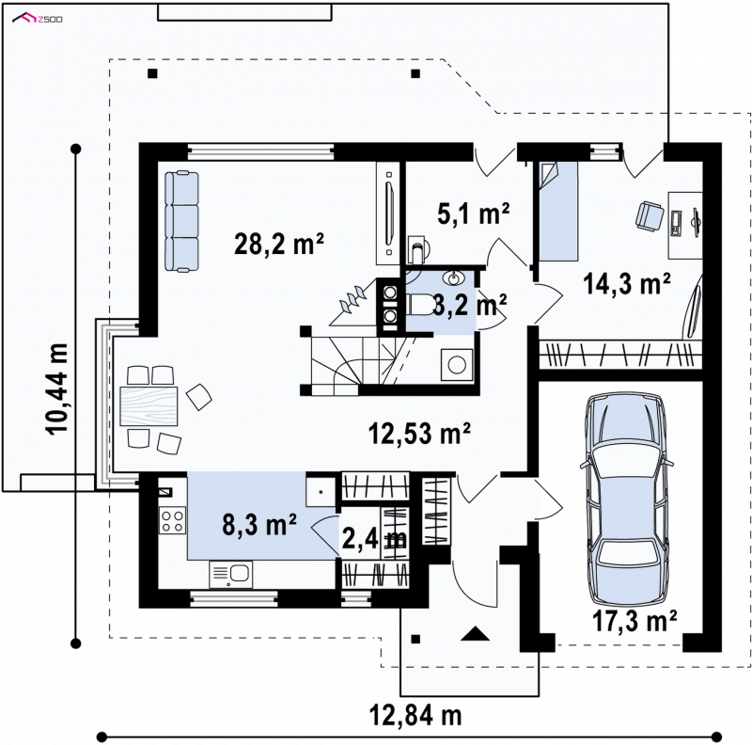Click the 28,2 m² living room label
pos(278,244)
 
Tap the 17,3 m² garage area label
pos(634,620)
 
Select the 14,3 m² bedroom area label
pos(626,283)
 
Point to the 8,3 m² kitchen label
pos(259,524)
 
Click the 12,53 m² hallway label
pos(419,434)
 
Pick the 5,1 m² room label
pos(473,214)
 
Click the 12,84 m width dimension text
pos(415,716)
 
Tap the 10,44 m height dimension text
pos(57,389)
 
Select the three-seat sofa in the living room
pos(181,221)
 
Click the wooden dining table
pos(149,406)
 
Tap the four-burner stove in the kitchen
pos(172,521)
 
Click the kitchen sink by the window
pos(230,574)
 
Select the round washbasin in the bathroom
pos(453,277)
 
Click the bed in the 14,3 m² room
pos(558,212)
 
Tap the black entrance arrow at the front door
pos(476,634)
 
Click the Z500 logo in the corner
pos(38,19)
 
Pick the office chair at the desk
pos(650,217)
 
